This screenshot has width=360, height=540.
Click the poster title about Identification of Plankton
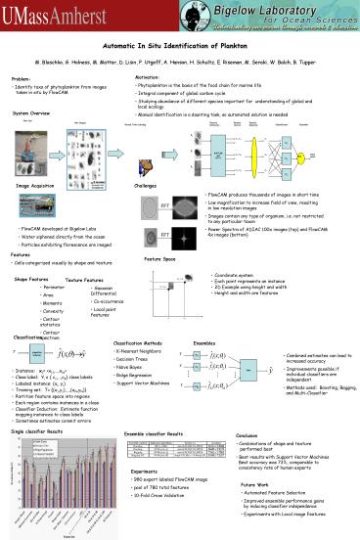click(180, 47)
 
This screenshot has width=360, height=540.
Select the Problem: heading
click(22, 78)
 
